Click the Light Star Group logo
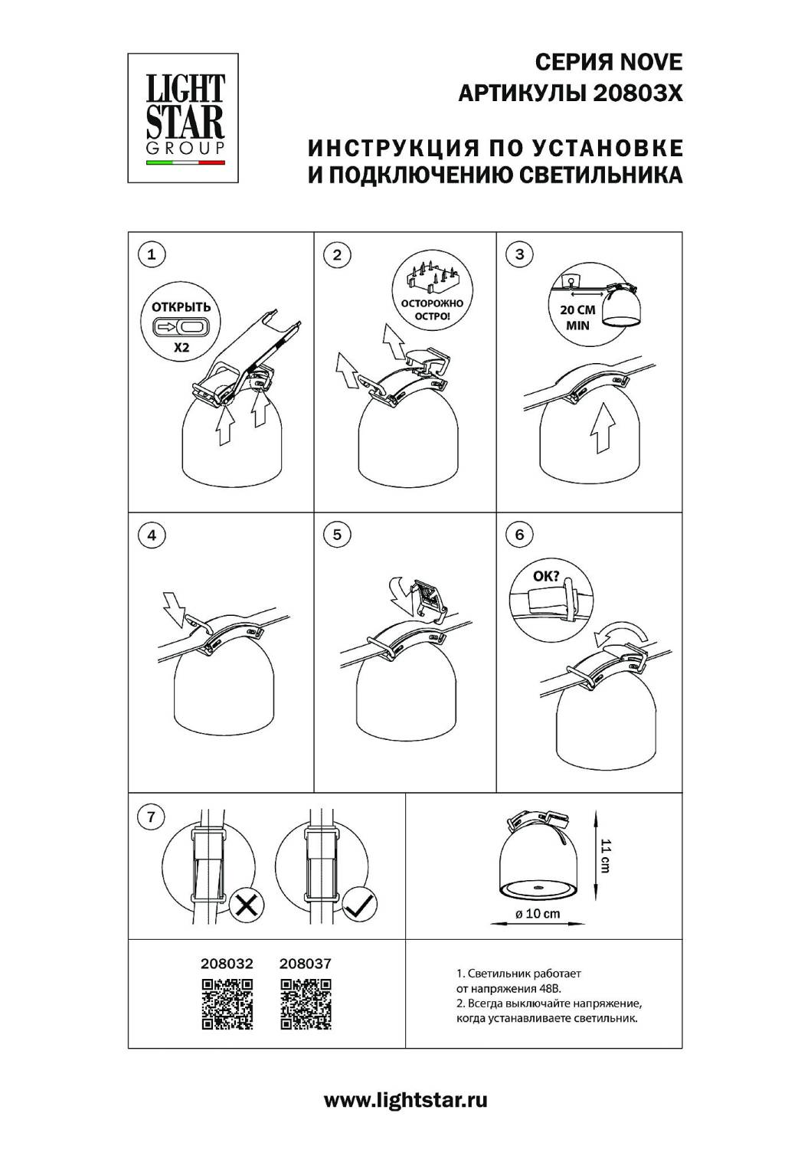tap(183, 118)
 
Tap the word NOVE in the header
tap(652, 63)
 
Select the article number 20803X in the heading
tap(638, 93)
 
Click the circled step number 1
tap(152, 254)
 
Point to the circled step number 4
tap(152, 535)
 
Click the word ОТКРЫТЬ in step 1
tap(181, 306)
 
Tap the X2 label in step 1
tap(181, 347)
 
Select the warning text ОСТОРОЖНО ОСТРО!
tap(432, 309)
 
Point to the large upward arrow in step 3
tap(602, 427)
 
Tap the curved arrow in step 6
tap(620, 633)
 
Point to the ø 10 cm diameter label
tap(537, 913)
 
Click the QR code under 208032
tap(227, 1003)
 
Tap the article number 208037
tap(306, 964)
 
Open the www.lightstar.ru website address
tap(405, 1100)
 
